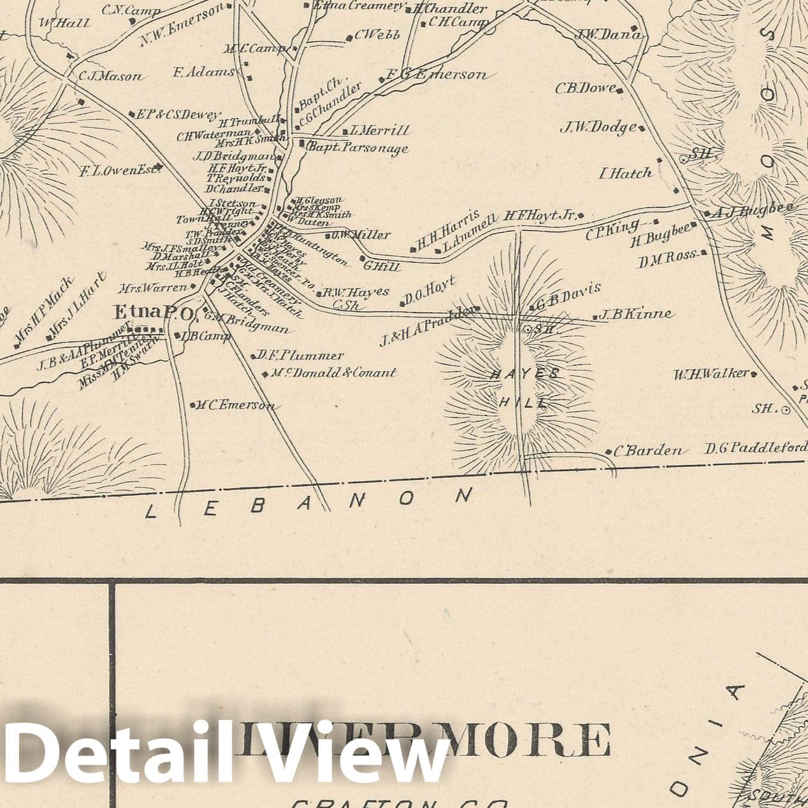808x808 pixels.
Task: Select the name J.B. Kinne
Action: point(636,314)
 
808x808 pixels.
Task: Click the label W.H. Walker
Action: point(712,373)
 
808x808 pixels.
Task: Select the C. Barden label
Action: point(648,451)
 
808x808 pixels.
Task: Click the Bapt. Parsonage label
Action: point(357,148)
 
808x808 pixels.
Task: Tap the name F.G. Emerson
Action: point(436,75)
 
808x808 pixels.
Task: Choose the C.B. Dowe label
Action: point(586,88)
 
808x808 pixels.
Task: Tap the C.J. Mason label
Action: point(111,76)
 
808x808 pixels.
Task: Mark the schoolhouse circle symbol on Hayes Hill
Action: point(528,329)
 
